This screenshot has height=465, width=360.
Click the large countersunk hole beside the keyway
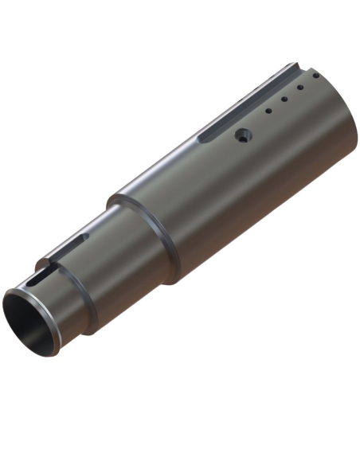[x=243, y=136]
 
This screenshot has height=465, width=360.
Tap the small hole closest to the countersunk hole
[x=269, y=111]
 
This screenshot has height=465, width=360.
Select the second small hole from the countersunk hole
[x=284, y=100]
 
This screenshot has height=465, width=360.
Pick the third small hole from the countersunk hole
[x=299, y=88]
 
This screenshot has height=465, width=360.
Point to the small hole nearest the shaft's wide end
[x=315, y=76]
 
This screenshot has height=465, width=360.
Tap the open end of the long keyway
[x=296, y=65]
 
